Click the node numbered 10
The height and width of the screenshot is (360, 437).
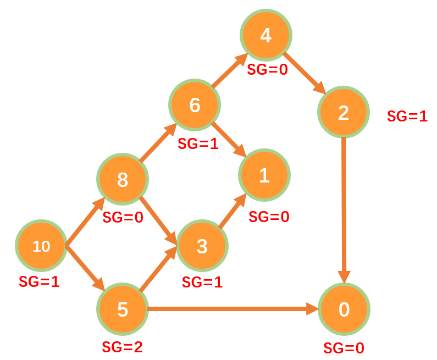(x=41, y=246)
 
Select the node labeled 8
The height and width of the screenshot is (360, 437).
(x=123, y=179)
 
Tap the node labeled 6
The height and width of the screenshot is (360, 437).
(x=195, y=104)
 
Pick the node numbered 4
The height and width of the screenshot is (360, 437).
(x=265, y=35)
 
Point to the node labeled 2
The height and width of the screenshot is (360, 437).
(x=343, y=112)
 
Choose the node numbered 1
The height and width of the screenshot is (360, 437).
(x=264, y=175)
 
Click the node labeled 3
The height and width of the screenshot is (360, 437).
(x=202, y=246)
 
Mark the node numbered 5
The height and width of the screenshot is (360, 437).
(x=123, y=309)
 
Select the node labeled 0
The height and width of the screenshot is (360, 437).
(x=344, y=309)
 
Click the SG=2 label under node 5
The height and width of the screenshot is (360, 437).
(x=122, y=347)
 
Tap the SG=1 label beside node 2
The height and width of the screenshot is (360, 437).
(x=407, y=116)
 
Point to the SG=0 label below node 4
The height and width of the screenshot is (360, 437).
(x=267, y=70)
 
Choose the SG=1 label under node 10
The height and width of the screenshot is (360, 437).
(x=39, y=282)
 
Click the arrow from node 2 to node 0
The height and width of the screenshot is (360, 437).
(x=344, y=209)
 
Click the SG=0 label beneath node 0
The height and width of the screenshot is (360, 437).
(x=344, y=348)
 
